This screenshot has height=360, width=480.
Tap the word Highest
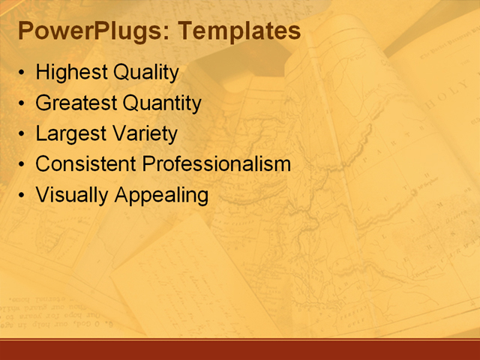coord(71,73)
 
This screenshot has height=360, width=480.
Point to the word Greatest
coord(76,103)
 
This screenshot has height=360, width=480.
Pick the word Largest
coord(69,133)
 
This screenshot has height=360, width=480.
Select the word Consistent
coord(85,163)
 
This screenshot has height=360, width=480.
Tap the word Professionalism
coord(216,163)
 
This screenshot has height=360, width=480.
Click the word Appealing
coord(161,195)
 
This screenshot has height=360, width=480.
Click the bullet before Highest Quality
coord(22,74)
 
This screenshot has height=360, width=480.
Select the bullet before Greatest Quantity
coord(22,104)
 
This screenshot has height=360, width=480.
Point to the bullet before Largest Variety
coord(22,135)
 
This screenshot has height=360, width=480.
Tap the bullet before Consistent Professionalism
coord(22,165)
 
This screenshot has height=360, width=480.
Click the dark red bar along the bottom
coord(240,349)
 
